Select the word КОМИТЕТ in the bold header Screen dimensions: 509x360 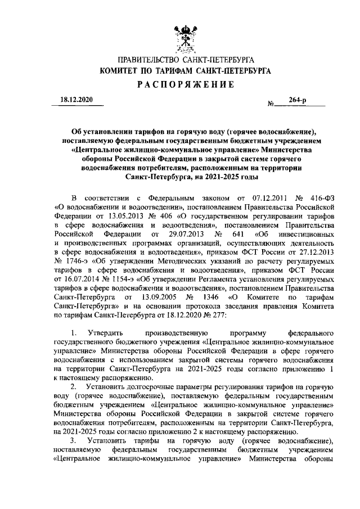120,71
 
